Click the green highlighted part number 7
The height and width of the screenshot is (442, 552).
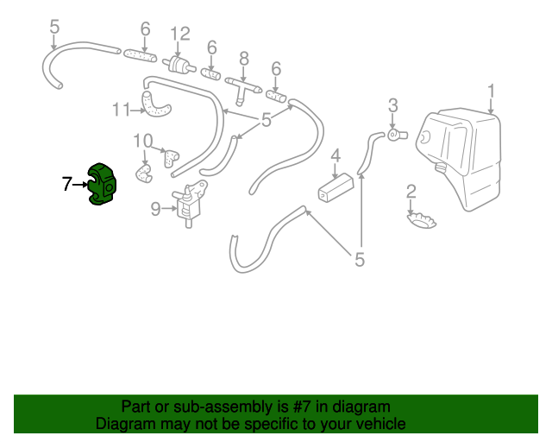tap(102, 185)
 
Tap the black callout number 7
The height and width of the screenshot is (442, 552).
tap(66, 184)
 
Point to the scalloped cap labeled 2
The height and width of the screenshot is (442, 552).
tap(422, 220)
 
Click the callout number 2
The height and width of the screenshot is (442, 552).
tap(411, 192)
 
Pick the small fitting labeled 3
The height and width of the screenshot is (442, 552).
tap(398, 135)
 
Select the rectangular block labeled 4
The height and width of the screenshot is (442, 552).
tap(336, 188)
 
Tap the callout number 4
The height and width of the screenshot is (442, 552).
tap(336, 155)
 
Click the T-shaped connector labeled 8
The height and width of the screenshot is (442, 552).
tap(243, 89)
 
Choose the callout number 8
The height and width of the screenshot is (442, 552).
tap(243, 59)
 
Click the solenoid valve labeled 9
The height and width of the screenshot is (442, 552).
tap(190, 205)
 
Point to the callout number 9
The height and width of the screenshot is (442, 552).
tap(155, 209)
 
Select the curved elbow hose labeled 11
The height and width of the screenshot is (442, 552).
tap(155, 105)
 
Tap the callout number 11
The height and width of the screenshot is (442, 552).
tap(121, 110)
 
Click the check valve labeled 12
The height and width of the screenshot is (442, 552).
tap(179, 65)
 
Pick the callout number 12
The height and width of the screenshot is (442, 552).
tap(180, 34)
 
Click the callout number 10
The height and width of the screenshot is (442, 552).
tap(143, 142)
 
